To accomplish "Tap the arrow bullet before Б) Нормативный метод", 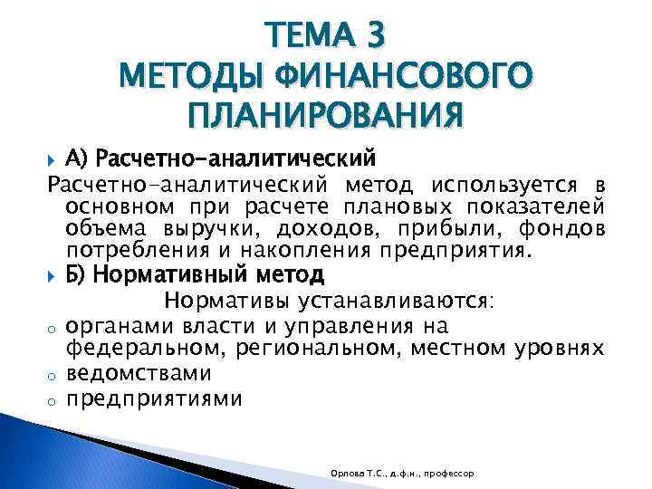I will pos(53,274).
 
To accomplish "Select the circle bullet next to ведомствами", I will pos(53,374).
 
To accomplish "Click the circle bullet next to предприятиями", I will pos(53,399).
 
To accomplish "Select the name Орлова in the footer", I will pos(347,473).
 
